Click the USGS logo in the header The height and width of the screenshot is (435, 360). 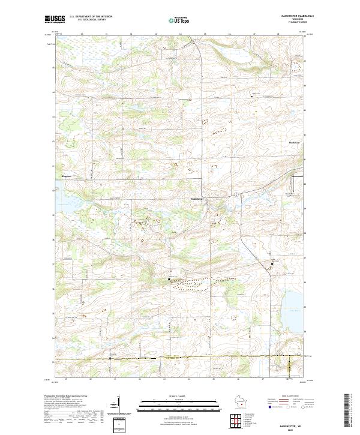pyautogui.click(x=55, y=19)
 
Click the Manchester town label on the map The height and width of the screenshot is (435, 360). pyautogui.click(x=197, y=199)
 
